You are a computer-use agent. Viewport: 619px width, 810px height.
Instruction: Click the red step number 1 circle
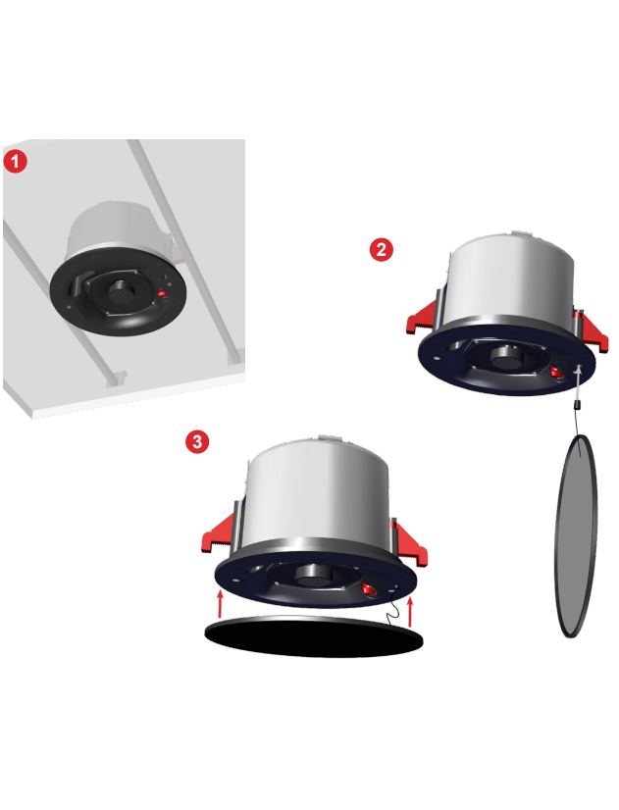[x=16, y=161]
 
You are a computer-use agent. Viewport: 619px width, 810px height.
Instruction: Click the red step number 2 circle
[x=382, y=249]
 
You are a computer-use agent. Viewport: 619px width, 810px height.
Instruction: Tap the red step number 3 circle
[x=197, y=441]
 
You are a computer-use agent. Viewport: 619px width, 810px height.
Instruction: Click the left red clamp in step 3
[x=218, y=533]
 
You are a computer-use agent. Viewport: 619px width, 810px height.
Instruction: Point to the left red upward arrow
[x=220, y=604]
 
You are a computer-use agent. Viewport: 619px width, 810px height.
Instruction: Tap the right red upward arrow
[x=411, y=612]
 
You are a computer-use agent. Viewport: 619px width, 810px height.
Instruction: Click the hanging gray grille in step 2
[x=576, y=536]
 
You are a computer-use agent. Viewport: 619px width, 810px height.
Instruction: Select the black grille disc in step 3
[x=314, y=636]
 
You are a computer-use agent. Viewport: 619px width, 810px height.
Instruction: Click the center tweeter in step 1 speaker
[x=122, y=292]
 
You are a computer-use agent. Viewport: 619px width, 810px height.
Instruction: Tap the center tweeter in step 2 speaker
[x=507, y=358]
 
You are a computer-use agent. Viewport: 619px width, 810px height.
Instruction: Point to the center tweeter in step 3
[x=314, y=575]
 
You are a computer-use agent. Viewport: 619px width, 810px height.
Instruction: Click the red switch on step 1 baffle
[x=163, y=294]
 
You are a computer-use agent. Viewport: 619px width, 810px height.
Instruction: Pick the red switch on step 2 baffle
[x=557, y=373]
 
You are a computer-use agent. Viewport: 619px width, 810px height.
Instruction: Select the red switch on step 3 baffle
[x=369, y=588]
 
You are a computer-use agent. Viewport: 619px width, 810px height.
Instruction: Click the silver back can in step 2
[x=510, y=283]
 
